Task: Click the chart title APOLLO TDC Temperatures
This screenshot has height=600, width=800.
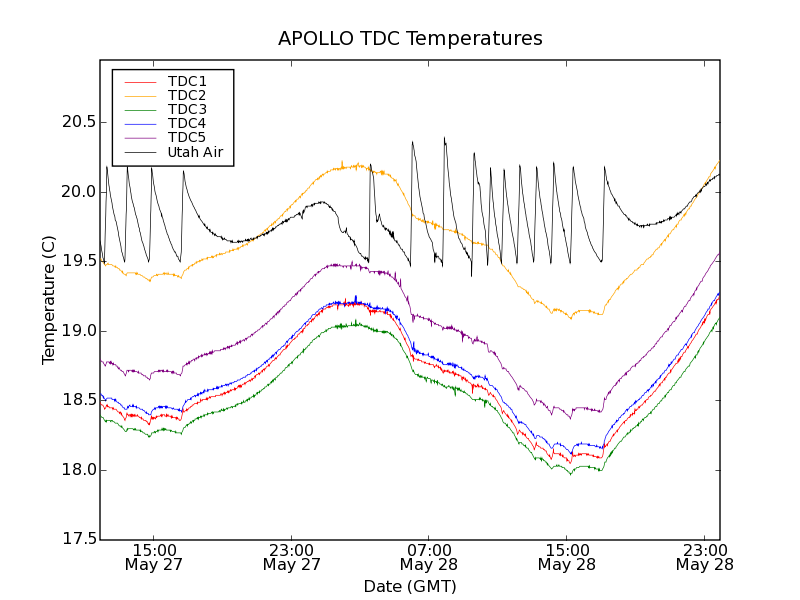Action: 410,39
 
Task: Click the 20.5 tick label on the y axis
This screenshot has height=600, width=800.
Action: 78,122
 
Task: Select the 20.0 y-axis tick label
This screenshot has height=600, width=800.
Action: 78,192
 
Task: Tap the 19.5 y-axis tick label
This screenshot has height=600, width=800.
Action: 78,261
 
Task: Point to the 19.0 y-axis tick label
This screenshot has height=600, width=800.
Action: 78,331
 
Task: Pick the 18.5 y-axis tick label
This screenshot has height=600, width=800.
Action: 78,400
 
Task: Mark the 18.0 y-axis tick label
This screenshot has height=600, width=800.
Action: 78,470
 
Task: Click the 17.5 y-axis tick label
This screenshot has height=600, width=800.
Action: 78,540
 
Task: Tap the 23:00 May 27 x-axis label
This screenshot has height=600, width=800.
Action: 291,557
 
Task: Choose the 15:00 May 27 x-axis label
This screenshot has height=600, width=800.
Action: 153,557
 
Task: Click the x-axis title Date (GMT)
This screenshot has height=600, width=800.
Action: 410,586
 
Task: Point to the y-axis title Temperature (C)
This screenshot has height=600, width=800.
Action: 49,300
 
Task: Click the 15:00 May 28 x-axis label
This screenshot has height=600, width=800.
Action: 566,557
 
